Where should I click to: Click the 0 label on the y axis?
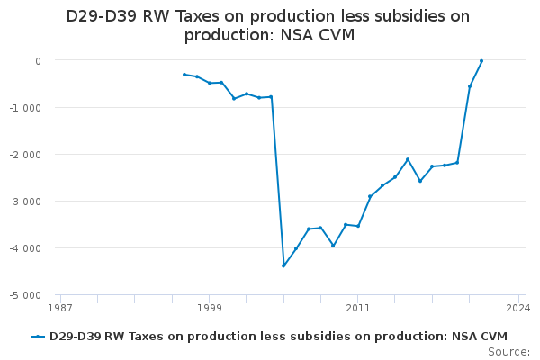coord(38,61)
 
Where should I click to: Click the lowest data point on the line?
coord(283,265)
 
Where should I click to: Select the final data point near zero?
coord(481,61)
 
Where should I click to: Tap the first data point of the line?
coord(184,75)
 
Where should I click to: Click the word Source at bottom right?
coord(508,352)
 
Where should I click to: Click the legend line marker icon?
coord(38,337)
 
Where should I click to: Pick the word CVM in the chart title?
coord(336,35)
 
